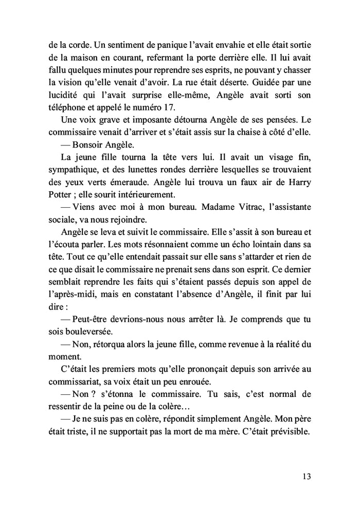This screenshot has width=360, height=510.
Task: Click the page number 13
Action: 307,476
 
